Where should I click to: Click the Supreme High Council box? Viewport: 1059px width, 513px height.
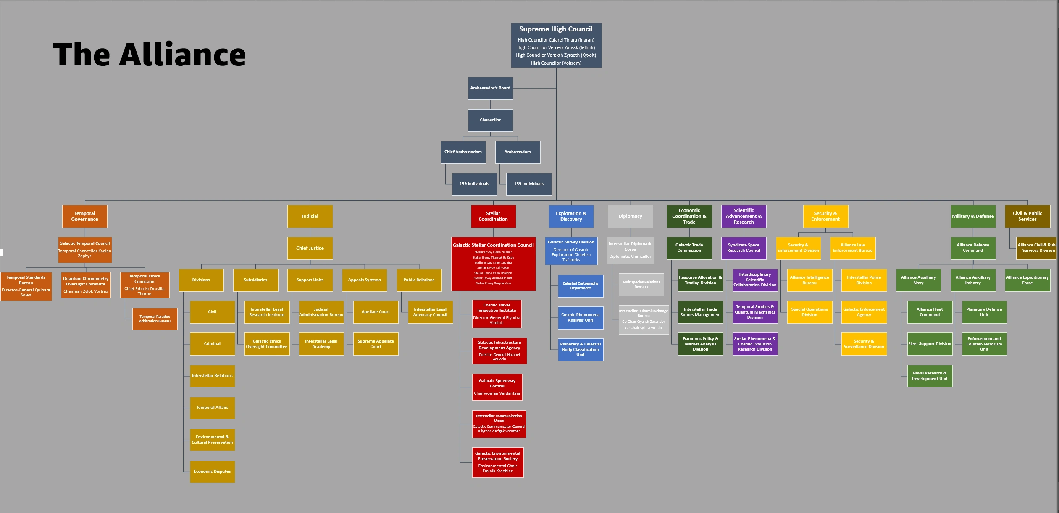[x=556, y=45]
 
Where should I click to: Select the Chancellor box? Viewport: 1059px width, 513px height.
[x=490, y=120]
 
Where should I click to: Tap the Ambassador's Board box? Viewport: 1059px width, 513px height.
[x=490, y=88]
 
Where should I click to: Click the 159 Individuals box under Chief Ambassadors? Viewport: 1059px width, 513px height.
[x=474, y=184]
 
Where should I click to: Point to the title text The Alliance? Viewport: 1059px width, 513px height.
[x=149, y=55]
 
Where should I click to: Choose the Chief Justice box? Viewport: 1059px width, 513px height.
[x=310, y=248]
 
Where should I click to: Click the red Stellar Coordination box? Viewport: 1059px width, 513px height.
[x=493, y=216]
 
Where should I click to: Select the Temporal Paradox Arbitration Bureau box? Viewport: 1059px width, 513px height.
[x=155, y=319]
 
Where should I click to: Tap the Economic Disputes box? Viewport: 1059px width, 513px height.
[x=212, y=471]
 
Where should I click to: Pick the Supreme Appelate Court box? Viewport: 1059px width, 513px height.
[x=376, y=344]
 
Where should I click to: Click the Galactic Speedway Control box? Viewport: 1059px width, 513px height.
[x=497, y=387]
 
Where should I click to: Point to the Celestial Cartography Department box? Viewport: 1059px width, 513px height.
[x=581, y=286]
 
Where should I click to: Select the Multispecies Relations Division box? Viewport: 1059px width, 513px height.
[x=641, y=284]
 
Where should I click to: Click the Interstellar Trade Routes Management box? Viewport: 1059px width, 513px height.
[x=700, y=312]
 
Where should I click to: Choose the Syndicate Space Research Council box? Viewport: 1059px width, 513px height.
[x=744, y=248]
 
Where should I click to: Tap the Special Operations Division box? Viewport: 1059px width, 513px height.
[x=809, y=312]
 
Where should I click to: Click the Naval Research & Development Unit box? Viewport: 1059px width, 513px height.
[x=930, y=376]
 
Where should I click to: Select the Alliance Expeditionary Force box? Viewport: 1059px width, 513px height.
[x=1027, y=280]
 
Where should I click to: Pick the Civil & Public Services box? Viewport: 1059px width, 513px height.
[x=1027, y=216]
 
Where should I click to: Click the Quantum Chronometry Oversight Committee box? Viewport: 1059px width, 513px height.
[x=86, y=285]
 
